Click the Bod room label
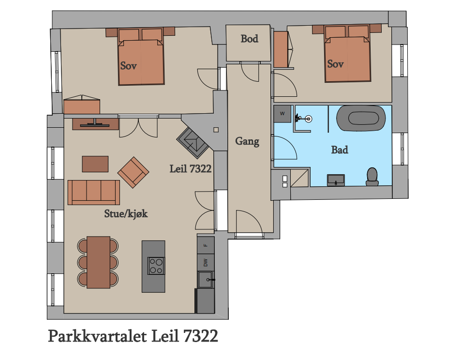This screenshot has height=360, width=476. click(249, 39)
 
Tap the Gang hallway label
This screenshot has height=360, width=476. click(247, 141)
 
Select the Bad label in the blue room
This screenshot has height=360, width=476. click(340, 150)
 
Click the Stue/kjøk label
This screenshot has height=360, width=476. click(126, 214)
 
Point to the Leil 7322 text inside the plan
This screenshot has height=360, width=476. click(190, 169)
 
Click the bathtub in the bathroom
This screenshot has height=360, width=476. click(361, 119)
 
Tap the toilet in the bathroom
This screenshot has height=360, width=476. click(372, 177)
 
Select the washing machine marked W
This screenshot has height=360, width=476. click(283, 114)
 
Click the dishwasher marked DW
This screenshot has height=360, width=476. click(206, 262)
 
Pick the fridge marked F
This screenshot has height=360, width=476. click(206, 245)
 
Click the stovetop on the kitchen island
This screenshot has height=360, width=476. click(156, 266)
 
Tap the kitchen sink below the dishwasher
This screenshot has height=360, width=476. click(206, 280)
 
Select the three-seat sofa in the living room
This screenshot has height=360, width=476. click(93, 193)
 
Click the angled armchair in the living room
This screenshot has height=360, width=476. click(133, 172)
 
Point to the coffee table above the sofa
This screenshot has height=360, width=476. click(95, 164)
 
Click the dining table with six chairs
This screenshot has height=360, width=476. click(98, 262)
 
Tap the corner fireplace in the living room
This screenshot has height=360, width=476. click(193, 143)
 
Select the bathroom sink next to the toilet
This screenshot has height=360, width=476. click(336, 180)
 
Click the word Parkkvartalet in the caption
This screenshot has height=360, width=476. click(97, 336)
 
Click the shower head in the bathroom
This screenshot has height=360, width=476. click(308, 119)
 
